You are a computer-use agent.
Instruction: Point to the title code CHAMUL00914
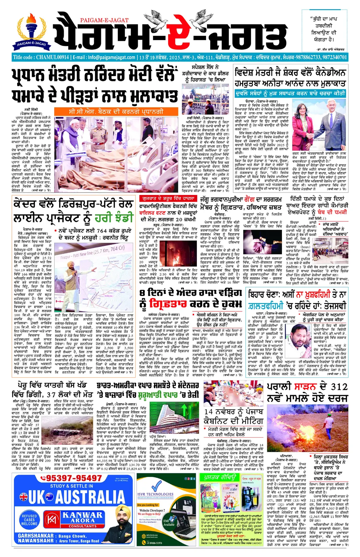coord(41,57)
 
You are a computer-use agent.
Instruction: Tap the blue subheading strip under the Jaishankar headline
coord(290,93)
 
